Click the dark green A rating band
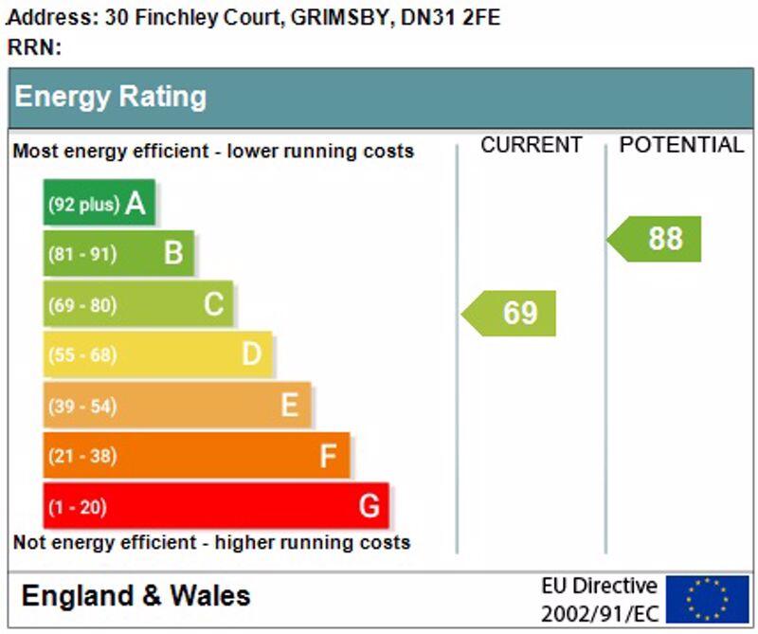tap(99, 203)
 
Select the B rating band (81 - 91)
tap(118, 253)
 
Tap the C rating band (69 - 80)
tap(138, 304)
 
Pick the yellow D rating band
tap(157, 354)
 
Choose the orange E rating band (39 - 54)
tap(177, 406)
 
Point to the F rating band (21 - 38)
tap(196, 456)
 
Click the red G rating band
tap(216, 506)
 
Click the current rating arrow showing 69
tap(510, 313)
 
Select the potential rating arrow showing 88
tap(656, 239)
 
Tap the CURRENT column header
tap(531, 145)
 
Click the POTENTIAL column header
tap(681, 145)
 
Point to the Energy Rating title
tap(110, 97)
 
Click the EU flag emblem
tap(707, 599)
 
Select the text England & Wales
tap(135, 596)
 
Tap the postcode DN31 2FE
tap(451, 17)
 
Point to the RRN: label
tap(34, 46)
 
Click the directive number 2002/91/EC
tap(599, 613)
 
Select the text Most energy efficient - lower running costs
tap(213, 152)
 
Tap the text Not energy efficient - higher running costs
tap(211, 543)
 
